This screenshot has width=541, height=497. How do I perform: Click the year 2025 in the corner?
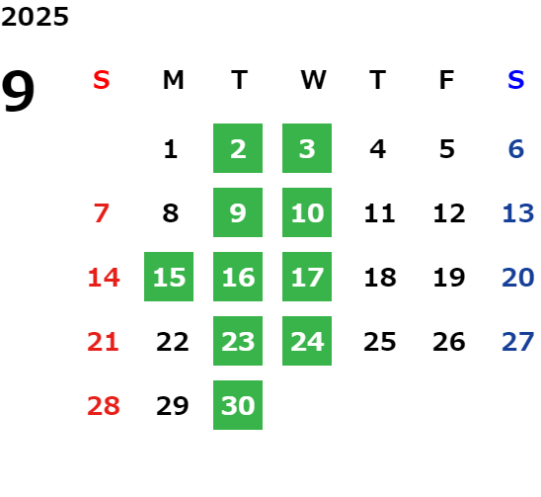point(35,17)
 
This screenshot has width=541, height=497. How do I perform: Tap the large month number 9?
point(18,91)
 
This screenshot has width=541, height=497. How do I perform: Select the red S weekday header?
point(102,80)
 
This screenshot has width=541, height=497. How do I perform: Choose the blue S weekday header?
point(516,80)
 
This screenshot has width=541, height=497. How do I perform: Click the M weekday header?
point(173,80)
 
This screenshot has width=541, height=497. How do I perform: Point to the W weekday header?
point(313,80)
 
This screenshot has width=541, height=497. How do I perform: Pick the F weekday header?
point(447,80)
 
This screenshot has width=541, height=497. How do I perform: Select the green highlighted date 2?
point(238,148)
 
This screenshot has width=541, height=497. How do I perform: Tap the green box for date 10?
point(307,212)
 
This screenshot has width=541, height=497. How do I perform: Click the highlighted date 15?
point(169,277)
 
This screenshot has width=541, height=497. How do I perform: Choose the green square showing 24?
point(307,341)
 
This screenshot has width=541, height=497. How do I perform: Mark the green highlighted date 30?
point(238,405)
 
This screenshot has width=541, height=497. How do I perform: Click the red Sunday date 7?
point(102,212)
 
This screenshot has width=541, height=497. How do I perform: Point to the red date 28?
point(104,405)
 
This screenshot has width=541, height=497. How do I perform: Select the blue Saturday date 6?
point(516,149)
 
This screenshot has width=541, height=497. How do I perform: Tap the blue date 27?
point(518,342)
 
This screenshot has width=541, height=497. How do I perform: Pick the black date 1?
point(171,149)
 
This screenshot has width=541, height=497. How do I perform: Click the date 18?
point(380,277)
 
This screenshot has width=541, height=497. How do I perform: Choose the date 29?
point(173,405)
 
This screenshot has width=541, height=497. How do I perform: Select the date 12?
point(449,212)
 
